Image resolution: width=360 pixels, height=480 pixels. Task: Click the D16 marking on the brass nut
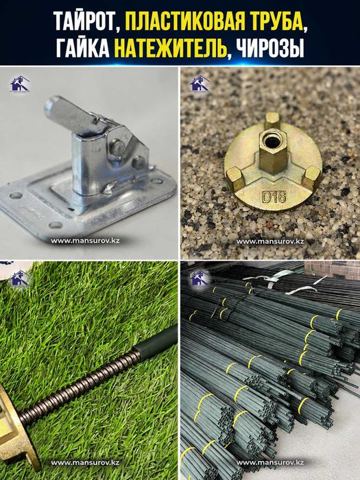(274, 197)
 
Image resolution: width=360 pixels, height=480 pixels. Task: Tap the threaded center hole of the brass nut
(272, 142)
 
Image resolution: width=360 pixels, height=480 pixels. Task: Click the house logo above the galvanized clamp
(20, 84)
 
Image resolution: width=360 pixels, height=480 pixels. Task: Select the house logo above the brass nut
(200, 84)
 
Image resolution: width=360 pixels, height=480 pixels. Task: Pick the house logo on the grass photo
(20, 278)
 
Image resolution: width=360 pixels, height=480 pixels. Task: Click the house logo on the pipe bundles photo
(200, 278)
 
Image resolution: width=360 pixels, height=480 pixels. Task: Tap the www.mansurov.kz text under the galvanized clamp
(85, 241)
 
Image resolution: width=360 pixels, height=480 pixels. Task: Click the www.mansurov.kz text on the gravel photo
(270, 241)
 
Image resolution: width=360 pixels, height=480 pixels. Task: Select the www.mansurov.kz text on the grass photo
(85, 462)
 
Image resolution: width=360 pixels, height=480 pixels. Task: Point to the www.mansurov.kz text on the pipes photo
(270, 462)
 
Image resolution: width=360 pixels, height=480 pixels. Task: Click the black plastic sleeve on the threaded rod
(156, 342)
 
